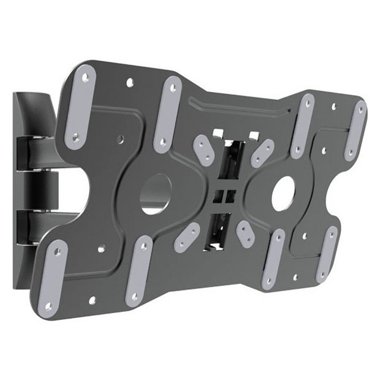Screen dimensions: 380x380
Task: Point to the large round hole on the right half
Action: pos(284,194)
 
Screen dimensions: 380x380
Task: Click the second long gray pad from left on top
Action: pos(167,113)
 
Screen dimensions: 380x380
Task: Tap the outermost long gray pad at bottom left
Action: pos(54,275)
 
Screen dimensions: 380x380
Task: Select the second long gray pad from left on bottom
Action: pos(139,270)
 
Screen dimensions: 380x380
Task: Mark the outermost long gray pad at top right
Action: pos(355,129)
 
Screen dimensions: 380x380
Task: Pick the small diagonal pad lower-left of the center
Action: pos(188,235)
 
